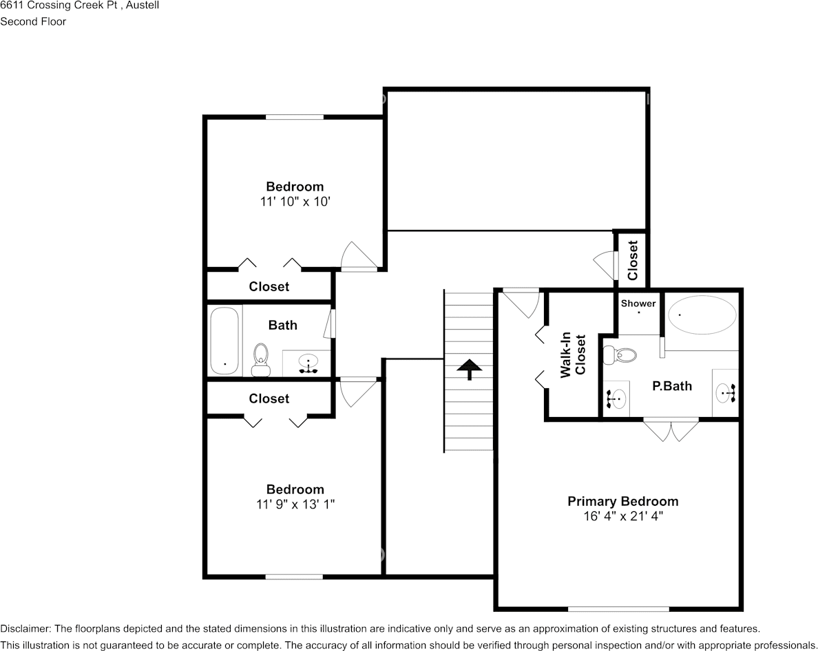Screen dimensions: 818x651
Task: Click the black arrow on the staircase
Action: click(x=470, y=369)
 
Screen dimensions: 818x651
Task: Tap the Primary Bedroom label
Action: click(x=623, y=502)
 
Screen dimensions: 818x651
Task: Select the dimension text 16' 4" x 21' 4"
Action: click(x=623, y=517)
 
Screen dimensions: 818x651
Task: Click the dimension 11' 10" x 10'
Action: click(x=295, y=202)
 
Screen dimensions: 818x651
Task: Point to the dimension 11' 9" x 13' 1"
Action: click(x=295, y=504)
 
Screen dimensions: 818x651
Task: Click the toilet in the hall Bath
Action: click(x=260, y=360)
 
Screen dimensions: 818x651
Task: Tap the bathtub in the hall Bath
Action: click(x=225, y=341)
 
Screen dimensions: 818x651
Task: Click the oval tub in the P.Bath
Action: click(x=702, y=314)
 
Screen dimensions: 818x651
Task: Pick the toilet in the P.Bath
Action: click(x=620, y=355)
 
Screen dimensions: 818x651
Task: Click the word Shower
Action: click(x=638, y=303)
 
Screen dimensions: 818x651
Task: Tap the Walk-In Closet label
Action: click(x=573, y=354)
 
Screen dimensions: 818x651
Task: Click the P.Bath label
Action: click(x=672, y=386)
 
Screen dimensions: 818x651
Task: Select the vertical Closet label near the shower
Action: click(x=632, y=260)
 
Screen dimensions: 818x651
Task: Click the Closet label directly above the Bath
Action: click(x=269, y=287)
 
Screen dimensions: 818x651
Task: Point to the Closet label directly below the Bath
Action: click(x=269, y=398)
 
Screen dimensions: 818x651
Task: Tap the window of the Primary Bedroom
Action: click(x=618, y=609)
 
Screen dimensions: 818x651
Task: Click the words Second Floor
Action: click(x=33, y=21)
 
